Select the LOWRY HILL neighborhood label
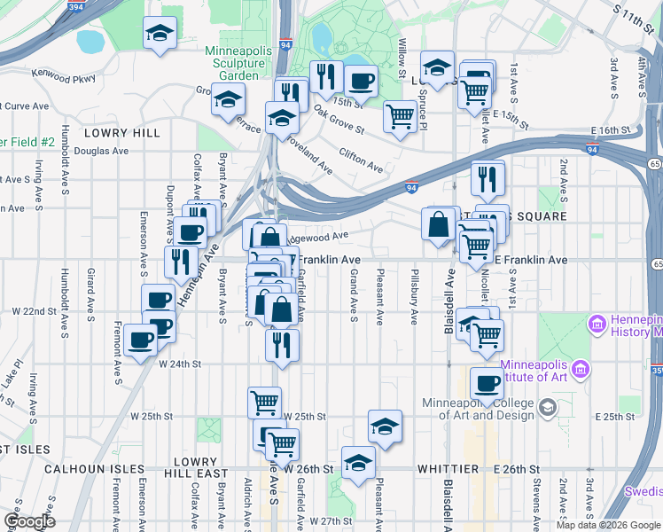pyautogui.click(x=122, y=132)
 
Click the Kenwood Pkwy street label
pyautogui.click(x=63, y=78)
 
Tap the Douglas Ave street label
pyautogui.click(x=100, y=151)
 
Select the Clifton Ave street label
pyautogui.click(x=361, y=160)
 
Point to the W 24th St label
pyautogui.click(x=181, y=364)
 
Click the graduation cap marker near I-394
pyautogui.click(x=160, y=35)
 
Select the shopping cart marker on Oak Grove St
pyautogui.click(x=401, y=116)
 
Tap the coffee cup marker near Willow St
pyautogui.click(x=360, y=83)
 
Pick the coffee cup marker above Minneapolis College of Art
pyautogui.click(x=487, y=382)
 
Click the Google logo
pyautogui.click(x=29, y=521)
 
